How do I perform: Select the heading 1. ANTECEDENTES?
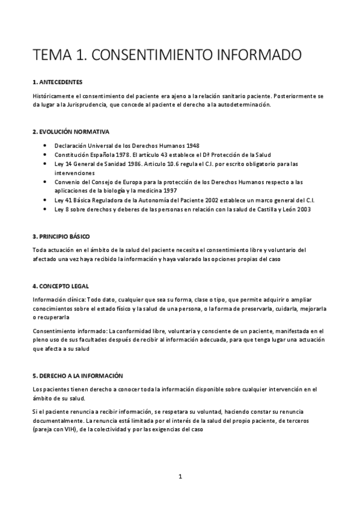pyautogui.click(x=58, y=81)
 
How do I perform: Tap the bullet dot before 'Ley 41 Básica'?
pyautogui.click(x=46, y=200)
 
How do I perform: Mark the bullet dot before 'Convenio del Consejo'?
pyautogui.click(x=46, y=181)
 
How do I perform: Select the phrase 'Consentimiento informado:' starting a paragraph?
pyautogui.click(x=68, y=331)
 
